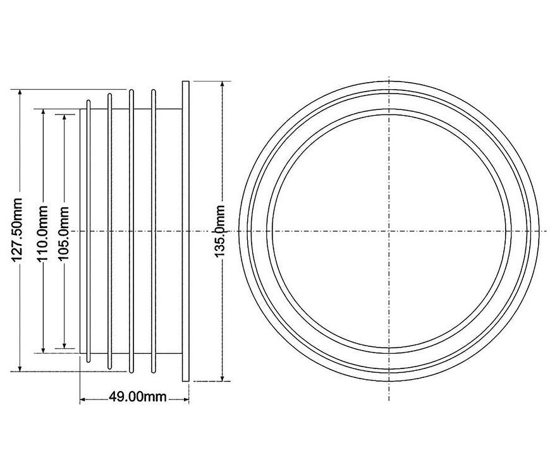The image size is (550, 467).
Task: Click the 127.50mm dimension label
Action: (x=17, y=230)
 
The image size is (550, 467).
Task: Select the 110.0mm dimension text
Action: (x=42, y=233)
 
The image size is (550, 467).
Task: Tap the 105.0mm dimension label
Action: (x=63, y=234)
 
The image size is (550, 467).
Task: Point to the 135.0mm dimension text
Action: (x=219, y=231)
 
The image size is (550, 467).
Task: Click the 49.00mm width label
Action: (x=138, y=397)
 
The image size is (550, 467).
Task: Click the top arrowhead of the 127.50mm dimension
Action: (x=20, y=93)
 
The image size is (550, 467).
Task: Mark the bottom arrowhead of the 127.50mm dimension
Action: (x=20, y=367)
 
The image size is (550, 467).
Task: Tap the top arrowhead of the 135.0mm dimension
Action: (x=222, y=85)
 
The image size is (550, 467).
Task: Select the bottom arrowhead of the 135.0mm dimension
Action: (x=222, y=377)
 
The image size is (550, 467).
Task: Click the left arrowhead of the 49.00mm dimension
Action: (x=84, y=399)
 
